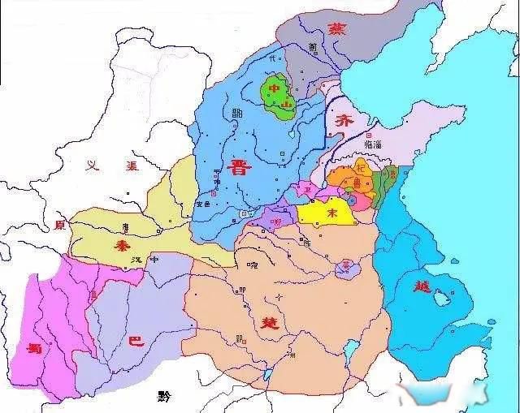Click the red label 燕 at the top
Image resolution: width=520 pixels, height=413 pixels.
(336, 30)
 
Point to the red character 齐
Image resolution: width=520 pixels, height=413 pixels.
(343, 122)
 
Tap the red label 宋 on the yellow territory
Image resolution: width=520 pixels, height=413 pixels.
(331, 213)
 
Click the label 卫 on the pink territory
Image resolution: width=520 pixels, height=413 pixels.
(306, 189)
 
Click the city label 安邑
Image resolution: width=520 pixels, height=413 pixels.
(204, 204)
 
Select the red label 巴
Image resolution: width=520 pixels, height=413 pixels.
(136, 342)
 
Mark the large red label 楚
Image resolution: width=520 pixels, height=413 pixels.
(268, 322)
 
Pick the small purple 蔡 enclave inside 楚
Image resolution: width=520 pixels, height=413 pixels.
(348, 266)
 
